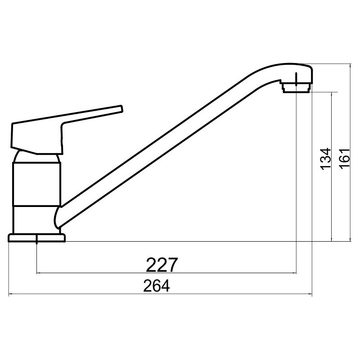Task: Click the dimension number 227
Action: click(x=162, y=265)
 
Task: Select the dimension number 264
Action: click(x=156, y=286)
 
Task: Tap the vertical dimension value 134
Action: click(x=326, y=159)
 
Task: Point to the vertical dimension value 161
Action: click(x=345, y=159)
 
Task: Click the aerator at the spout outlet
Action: click(x=297, y=88)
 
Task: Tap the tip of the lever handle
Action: click(x=121, y=109)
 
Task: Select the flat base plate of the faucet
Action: click(x=37, y=238)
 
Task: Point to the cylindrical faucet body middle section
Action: click(x=37, y=184)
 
